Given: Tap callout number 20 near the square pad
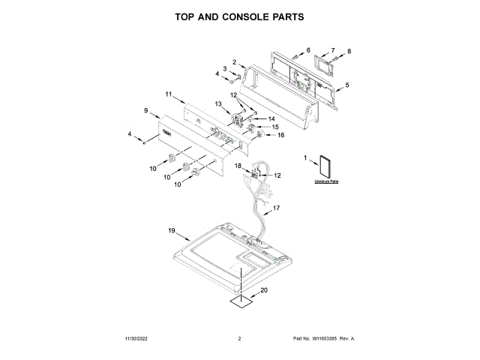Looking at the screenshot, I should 263,290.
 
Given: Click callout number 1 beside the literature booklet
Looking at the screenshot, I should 305,158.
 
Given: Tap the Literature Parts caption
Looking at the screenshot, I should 326,182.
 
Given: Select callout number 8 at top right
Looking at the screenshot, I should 349,52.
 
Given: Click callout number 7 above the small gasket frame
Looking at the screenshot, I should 333,49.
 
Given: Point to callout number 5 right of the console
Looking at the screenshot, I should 346,85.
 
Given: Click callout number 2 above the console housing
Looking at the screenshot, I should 234,61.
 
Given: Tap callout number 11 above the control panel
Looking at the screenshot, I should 169,94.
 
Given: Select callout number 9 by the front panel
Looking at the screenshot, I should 146,110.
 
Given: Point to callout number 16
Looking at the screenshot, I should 281,135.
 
